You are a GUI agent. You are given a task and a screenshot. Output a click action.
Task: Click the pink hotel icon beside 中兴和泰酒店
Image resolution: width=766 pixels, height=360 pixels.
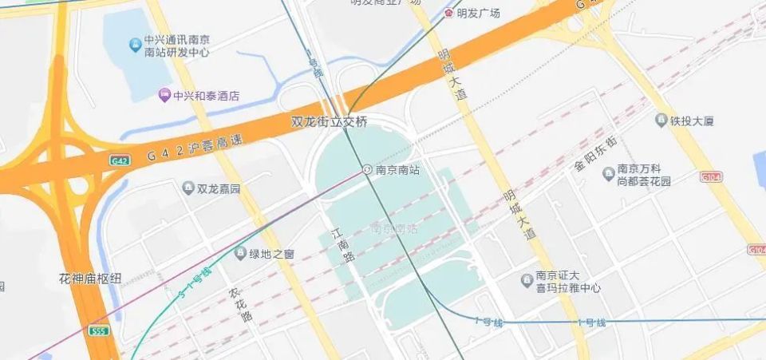(164, 96)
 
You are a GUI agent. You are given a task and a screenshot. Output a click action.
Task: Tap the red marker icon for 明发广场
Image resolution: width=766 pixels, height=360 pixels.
(449, 14)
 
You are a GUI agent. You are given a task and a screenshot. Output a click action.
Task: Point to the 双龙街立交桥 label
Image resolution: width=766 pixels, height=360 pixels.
(330, 122)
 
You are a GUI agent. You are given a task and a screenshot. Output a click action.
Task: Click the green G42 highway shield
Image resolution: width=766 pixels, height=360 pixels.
(120, 160)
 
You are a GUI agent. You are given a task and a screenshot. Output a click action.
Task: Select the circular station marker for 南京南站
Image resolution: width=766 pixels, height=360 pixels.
(367, 169)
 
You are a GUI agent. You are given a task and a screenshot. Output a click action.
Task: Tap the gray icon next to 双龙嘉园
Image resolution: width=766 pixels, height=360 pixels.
(188, 188)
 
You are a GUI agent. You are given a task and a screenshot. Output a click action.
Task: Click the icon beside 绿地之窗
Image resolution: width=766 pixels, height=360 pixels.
(240, 254)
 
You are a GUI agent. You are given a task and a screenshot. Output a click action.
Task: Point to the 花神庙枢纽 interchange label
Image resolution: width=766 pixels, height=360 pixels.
(90, 279)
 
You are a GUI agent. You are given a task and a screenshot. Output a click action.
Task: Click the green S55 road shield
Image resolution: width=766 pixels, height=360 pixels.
(99, 330)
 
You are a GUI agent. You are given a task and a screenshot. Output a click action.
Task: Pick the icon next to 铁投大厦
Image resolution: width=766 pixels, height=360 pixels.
(661, 121)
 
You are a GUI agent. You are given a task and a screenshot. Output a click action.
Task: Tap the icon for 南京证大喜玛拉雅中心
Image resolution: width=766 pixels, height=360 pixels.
(527, 280)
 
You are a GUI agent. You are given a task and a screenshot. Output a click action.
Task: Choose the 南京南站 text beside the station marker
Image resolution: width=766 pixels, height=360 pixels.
(397, 169)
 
